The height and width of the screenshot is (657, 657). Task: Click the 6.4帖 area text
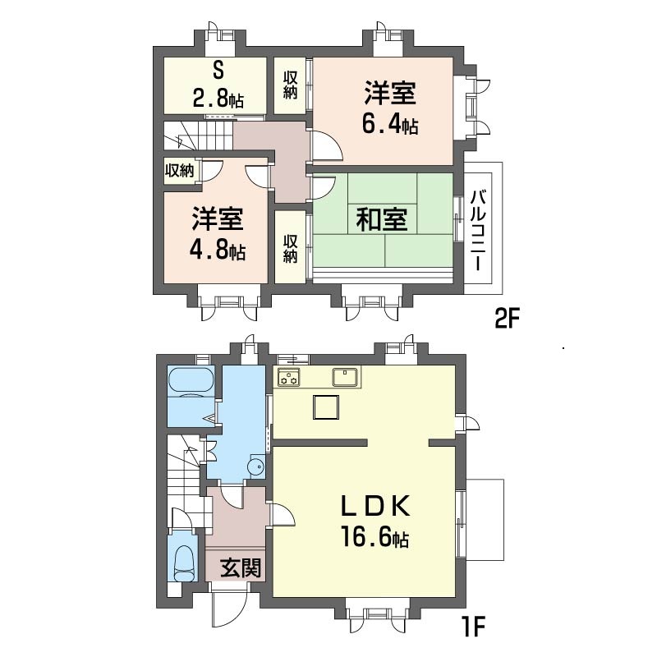390,126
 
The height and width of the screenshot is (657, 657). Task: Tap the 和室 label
382,219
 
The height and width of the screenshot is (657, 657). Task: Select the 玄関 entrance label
241,567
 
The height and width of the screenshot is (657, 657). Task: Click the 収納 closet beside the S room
291,85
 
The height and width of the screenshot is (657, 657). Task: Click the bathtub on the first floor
192,382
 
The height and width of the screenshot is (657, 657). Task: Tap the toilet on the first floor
184,562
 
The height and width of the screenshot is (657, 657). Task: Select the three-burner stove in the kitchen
289,379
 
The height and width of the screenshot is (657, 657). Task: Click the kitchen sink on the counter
343,378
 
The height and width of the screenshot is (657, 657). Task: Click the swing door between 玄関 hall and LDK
281,513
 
